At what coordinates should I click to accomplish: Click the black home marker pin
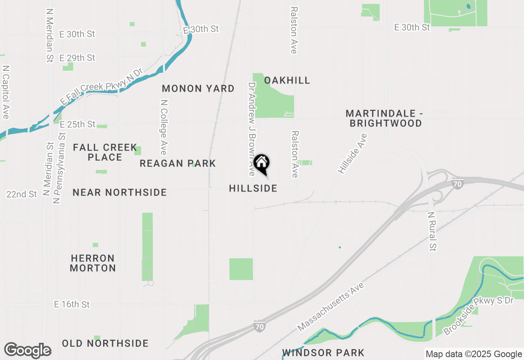[262, 164]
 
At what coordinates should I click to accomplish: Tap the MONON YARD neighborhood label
[198, 88]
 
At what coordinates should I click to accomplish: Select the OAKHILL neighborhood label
[287, 80]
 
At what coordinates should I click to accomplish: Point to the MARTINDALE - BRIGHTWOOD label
[384, 118]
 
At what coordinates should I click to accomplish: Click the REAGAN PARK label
[178, 163]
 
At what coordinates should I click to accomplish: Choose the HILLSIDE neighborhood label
[253, 188]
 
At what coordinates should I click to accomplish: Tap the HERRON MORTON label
[93, 263]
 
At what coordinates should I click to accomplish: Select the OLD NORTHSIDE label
[105, 343]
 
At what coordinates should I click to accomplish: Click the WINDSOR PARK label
[323, 352]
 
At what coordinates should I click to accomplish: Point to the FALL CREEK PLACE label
[105, 152]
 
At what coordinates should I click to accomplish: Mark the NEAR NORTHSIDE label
[120, 192]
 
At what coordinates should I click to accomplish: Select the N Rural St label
[432, 231]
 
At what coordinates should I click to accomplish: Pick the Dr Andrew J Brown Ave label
[252, 129]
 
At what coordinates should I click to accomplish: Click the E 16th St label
[72, 304]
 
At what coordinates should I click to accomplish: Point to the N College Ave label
[164, 127]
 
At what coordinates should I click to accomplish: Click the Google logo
[27, 351]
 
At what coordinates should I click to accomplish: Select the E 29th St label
[77, 58]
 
